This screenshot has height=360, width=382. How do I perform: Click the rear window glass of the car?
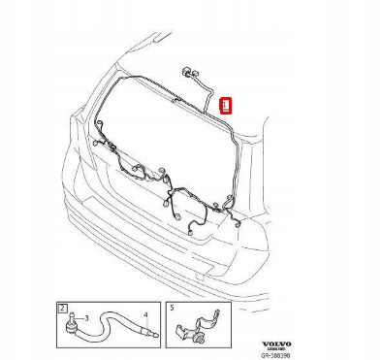pos(165,136)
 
